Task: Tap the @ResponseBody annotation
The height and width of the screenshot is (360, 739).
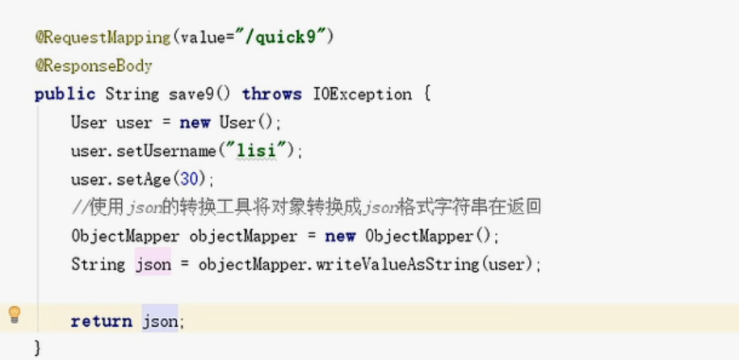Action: [94, 65]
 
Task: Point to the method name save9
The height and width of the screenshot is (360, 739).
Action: [191, 94]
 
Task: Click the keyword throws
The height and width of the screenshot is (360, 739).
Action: [271, 94]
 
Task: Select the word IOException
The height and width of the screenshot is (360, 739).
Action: [362, 94]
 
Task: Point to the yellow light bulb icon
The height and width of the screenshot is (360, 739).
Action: [15, 315]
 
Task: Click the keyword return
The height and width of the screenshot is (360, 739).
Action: [101, 321]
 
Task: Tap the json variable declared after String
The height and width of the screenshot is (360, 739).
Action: [153, 265]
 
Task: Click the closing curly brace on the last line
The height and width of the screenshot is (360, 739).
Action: [37, 348]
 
